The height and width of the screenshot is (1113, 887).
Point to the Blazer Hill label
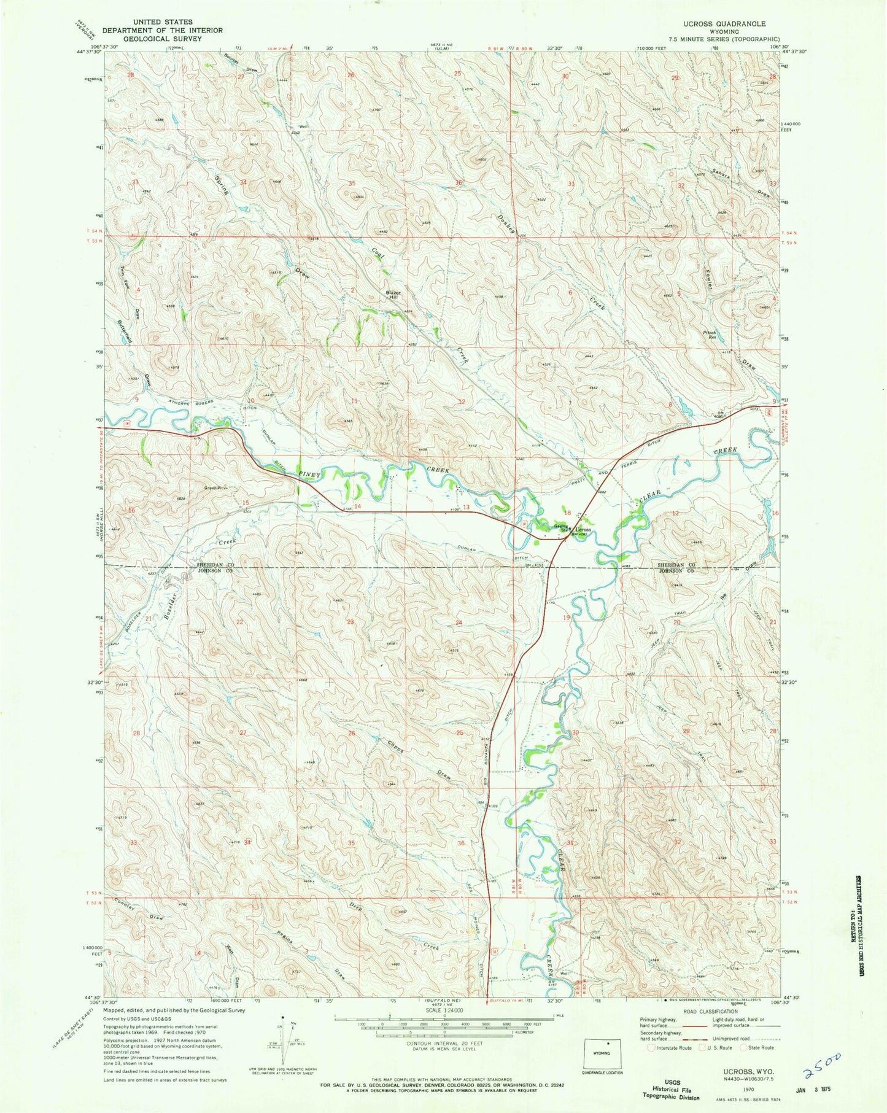coord(393,295)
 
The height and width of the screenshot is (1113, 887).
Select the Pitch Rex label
coord(710,335)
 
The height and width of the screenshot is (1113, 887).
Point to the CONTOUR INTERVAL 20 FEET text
coord(443,1043)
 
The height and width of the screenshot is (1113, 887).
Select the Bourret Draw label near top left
coord(240,64)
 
